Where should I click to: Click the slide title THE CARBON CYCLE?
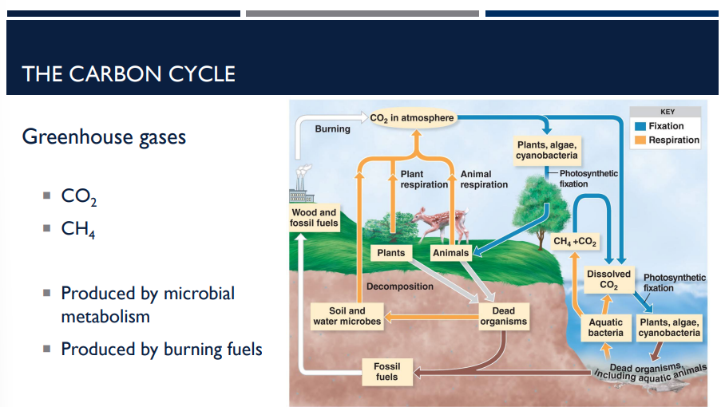(129, 74)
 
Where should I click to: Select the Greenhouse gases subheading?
(104, 137)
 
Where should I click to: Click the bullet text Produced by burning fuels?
(161, 349)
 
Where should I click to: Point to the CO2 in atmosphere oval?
(412, 118)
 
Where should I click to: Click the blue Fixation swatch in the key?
(640, 126)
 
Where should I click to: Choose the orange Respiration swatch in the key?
(640, 140)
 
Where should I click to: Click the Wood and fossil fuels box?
(314, 218)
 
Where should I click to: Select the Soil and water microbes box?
(347, 316)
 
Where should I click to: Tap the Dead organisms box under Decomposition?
(503, 316)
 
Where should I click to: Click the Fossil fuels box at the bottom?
(386, 371)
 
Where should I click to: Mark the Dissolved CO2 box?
(608, 279)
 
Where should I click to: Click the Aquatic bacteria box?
(605, 328)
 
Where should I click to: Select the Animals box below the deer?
(450, 253)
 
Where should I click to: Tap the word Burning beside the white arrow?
(332, 128)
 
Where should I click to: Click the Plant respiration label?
(424, 179)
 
